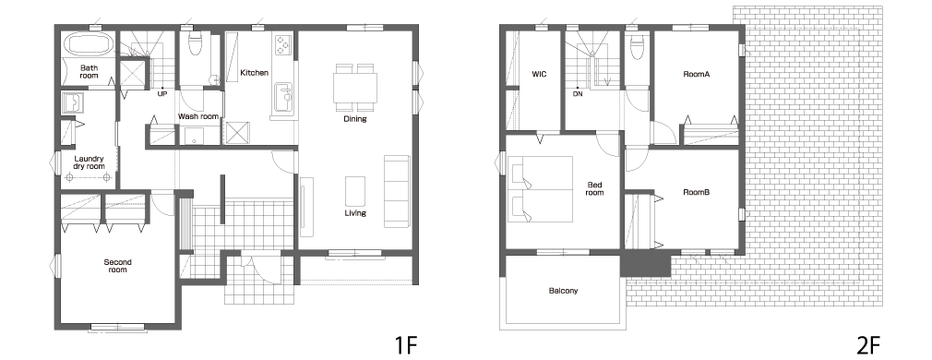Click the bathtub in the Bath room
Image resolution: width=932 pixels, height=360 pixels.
pos(89,44)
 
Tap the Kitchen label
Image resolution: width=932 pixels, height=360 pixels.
pos(255,73)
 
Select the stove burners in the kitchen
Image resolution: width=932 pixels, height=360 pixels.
pos(283,44)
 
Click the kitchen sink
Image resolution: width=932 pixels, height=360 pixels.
pos(284,95)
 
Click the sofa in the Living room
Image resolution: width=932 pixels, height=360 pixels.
pos(397,191)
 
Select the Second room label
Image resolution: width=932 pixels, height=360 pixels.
pos(118,266)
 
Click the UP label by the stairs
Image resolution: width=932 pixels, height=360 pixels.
pos(162,93)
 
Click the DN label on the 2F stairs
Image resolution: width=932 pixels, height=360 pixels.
pos(578,94)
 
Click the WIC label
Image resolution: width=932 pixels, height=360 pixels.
pos(539,75)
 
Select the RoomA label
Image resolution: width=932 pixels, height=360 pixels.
pos(697,75)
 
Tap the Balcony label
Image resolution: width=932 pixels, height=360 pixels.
pos(563,291)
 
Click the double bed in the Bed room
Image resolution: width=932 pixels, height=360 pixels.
pos(540,189)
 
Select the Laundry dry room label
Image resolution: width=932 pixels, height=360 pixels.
pos(90,162)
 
